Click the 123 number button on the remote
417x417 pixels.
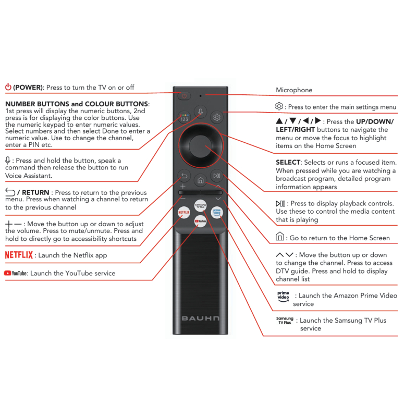[x=185, y=117]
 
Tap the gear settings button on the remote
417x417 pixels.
[x=216, y=117]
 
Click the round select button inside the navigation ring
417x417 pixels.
[x=200, y=146]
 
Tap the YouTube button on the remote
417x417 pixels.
[x=200, y=221]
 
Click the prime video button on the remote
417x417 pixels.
[x=216, y=212]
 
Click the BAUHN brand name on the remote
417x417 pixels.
[x=200, y=318]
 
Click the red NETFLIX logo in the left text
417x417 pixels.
[x=19, y=255]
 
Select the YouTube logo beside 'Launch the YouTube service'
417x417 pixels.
[x=16, y=273]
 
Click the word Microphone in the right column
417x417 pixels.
[x=294, y=90]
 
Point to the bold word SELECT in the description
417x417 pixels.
[x=288, y=163]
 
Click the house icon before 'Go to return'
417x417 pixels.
[x=280, y=238]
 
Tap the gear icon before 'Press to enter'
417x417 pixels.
[x=279, y=107]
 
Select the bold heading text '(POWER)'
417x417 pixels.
[x=28, y=88]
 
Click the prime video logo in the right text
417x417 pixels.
[x=283, y=296]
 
